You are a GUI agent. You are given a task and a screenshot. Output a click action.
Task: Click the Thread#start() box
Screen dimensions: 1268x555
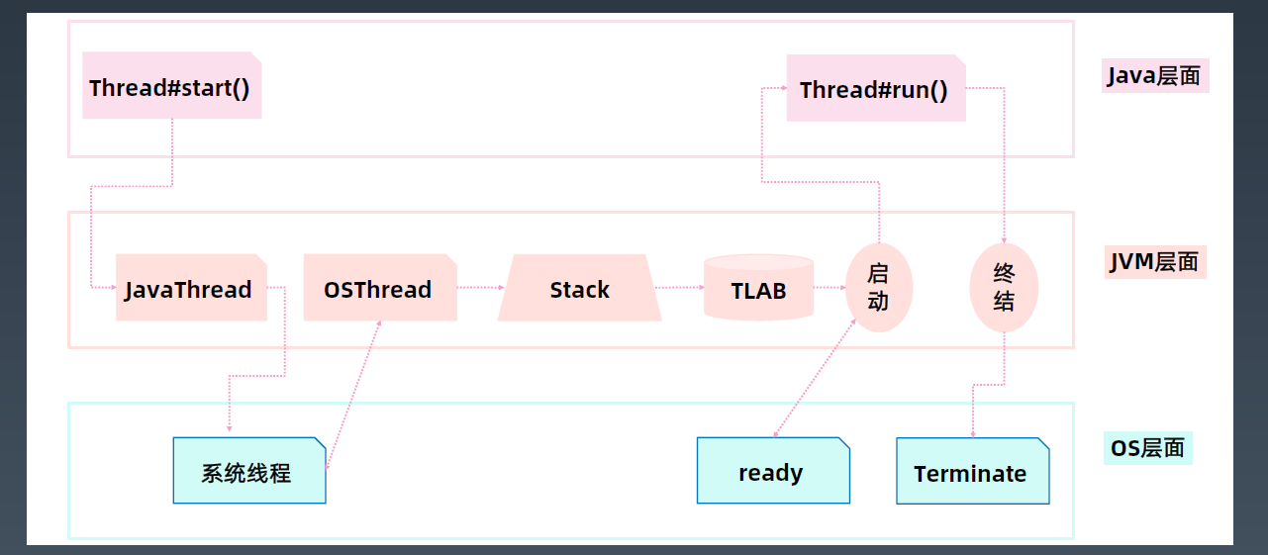click(172, 85)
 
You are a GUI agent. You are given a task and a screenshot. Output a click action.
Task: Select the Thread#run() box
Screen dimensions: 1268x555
click(876, 88)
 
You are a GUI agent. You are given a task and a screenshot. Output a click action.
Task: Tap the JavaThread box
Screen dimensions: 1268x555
click(191, 288)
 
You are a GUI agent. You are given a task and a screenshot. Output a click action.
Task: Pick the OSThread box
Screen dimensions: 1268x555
click(380, 288)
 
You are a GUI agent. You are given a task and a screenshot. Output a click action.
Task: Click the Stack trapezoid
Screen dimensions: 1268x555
click(580, 288)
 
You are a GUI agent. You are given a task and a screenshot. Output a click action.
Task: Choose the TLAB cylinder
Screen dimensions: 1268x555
click(758, 288)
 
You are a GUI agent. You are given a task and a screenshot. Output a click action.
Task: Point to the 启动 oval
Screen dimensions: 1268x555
click(879, 288)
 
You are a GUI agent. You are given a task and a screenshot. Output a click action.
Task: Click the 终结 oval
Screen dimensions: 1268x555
click(1005, 288)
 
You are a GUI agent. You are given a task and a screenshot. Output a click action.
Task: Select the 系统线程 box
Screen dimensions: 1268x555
click(249, 470)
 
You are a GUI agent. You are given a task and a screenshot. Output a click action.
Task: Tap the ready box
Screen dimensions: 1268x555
click(773, 470)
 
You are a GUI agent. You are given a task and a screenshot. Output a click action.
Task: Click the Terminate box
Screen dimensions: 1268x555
click(973, 471)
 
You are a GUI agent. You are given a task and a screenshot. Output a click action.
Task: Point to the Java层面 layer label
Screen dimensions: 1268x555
click(1155, 75)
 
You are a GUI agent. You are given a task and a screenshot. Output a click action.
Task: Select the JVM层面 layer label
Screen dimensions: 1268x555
click(1155, 262)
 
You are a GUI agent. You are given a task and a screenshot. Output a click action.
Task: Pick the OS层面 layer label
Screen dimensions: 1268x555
click(1148, 448)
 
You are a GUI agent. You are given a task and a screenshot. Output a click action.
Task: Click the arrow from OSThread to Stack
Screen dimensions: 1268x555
click(481, 288)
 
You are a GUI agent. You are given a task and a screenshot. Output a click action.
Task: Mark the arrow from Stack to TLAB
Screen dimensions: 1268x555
click(680, 288)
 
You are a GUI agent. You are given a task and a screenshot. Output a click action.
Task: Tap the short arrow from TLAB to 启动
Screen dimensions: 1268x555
click(829, 288)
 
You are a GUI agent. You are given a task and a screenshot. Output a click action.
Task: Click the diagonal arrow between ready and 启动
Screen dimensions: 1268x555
click(815, 378)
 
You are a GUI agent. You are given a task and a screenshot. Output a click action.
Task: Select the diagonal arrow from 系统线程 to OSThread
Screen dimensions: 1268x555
click(353, 395)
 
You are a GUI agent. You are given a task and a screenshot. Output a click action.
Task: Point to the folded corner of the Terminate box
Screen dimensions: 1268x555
click(1044, 443)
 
